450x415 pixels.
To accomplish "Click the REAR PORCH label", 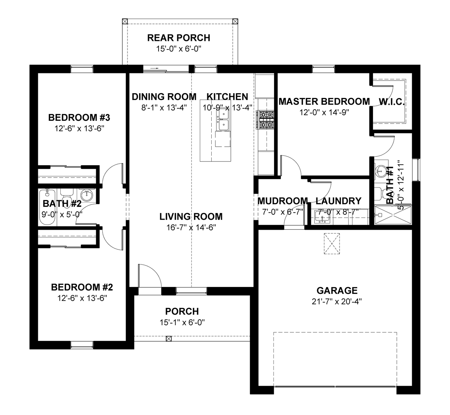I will [x=179, y=38].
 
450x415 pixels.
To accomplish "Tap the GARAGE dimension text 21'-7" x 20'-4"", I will [x=337, y=301].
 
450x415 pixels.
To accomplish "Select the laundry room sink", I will [x=321, y=217].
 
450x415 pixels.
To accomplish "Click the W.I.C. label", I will [x=392, y=102].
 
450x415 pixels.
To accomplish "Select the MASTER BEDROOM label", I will [x=324, y=101].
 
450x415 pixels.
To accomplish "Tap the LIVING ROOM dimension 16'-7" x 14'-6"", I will [x=191, y=228].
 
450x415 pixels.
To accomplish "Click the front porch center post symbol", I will [x=168, y=339].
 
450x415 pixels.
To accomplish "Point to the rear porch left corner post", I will [x=125, y=21].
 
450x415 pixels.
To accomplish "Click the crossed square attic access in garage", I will [x=332, y=244].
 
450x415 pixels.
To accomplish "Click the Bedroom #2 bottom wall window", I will [x=82, y=345].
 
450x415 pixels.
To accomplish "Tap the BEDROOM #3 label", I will [x=79, y=118].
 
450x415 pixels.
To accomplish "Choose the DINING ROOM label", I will [x=164, y=97].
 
